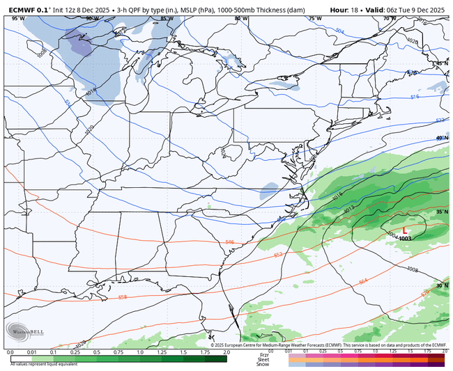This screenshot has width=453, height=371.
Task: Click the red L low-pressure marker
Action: (x=404, y=230)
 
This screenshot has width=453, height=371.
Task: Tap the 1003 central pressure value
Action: (x=405, y=239)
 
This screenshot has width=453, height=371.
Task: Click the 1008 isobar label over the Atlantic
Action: (x=412, y=269)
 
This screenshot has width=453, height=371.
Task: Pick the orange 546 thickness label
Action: (x=229, y=242)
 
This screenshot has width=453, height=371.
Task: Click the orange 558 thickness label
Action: (x=123, y=297)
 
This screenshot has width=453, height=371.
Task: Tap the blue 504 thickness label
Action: (x=339, y=31)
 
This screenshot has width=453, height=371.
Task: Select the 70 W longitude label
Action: (x=387, y=19)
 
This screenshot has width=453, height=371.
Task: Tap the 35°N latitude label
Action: (x=442, y=212)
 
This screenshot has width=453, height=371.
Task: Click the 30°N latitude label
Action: (x=442, y=285)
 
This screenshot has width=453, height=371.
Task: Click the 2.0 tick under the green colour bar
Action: (x=226, y=353)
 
